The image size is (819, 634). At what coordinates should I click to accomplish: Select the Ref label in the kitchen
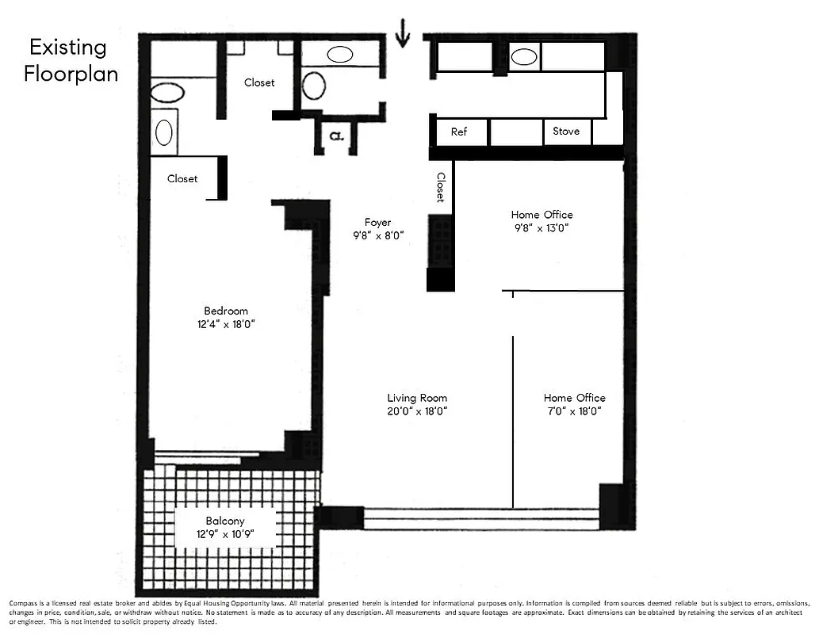pyautogui.click(x=459, y=132)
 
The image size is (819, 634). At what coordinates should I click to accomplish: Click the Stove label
pyautogui.click(x=566, y=132)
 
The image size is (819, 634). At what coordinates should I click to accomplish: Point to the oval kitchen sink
pyautogui.click(x=523, y=56)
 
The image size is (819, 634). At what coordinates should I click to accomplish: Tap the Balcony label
pyautogui.click(x=225, y=521)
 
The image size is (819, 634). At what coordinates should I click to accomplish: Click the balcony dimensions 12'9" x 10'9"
pyautogui.click(x=225, y=534)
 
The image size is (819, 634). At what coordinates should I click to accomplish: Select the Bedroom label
pyautogui.click(x=226, y=311)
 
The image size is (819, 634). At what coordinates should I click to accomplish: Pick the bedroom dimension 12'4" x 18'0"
pyautogui.click(x=226, y=324)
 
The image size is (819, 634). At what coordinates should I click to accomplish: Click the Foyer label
pyautogui.click(x=377, y=222)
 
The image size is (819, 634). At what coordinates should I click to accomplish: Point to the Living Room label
pyautogui.click(x=417, y=398)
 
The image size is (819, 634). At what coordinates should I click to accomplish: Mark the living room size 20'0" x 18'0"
pyautogui.click(x=417, y=411)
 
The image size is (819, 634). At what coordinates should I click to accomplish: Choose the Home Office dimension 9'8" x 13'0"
pyautogui.click(x=542, y=227)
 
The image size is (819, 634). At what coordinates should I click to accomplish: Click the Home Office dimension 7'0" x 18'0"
pyautogui.click(x=574, y=411)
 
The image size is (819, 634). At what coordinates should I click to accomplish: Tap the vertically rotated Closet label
pyautogui.click(x=441, y=188)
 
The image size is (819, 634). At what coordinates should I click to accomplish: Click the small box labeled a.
pyautogui.click(x=335, y=136)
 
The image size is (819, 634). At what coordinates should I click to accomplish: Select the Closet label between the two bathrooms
pyautogui.click(x=259, y=82)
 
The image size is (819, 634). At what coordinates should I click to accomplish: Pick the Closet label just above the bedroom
pyautogui.click(x=182, y=178)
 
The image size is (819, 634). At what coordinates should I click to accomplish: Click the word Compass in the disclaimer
pyautogui.click(x=23, y=603)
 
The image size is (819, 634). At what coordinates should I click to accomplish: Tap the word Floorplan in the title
pyautogui.click(x=71, y=74)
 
